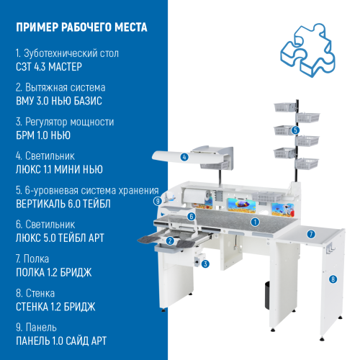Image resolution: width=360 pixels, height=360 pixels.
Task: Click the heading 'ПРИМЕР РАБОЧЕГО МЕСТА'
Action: [81, 28]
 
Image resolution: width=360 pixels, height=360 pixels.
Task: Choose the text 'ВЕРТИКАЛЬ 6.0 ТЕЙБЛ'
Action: [63, 204]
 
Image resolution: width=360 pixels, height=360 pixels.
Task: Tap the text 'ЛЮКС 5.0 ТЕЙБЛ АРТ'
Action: [62, 238]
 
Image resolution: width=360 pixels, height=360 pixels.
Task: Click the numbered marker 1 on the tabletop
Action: [255, 222]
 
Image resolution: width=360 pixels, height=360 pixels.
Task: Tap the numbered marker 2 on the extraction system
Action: [170, 241]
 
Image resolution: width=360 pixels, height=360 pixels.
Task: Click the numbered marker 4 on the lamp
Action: [185, 157]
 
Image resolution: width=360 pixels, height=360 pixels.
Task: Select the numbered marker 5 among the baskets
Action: [295, 130]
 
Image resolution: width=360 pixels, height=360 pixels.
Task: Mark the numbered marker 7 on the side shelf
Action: [311, 234]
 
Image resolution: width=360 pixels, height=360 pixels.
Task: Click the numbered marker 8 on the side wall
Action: [333, 279]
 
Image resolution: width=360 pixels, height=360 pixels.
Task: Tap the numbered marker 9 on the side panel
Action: [157, 202]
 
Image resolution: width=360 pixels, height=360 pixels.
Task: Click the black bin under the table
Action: [266, 292]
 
